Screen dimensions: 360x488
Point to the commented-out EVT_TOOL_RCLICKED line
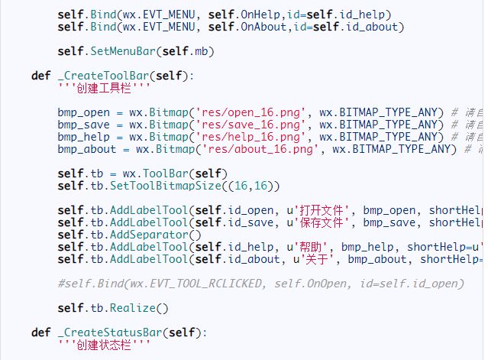260,284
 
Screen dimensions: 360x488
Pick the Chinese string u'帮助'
308,247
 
